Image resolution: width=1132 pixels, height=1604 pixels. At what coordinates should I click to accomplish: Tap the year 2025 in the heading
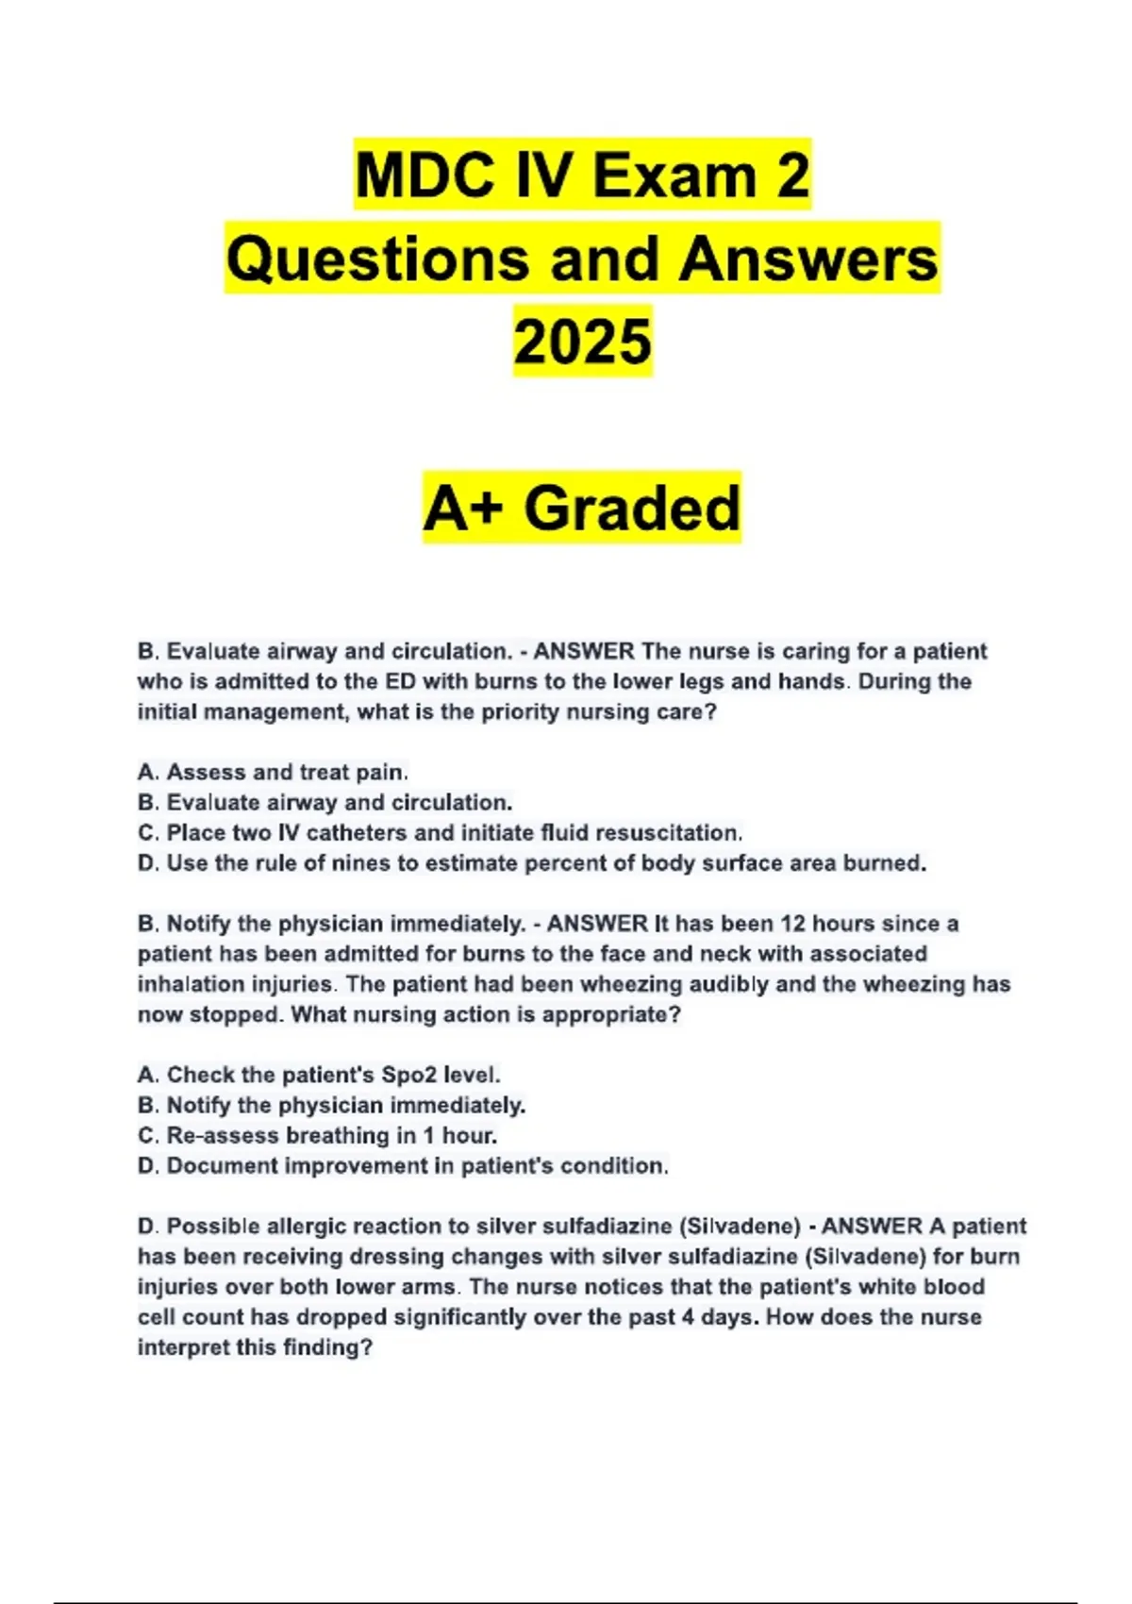(x=582, y=342)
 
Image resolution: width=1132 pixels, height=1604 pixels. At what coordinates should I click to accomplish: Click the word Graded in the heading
(x=632, y=509)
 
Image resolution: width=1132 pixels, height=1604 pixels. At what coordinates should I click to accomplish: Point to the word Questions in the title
(x=377, y=259)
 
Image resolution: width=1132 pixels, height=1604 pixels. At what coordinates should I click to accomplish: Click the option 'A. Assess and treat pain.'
(x=273, y=772)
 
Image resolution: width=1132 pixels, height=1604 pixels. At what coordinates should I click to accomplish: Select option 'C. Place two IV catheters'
(x=440, y=832)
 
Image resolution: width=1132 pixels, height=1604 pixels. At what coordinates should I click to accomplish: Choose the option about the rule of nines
(x=532, y=863)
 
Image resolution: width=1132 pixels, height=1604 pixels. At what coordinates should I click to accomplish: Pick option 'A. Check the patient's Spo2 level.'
(x=319, y=1075)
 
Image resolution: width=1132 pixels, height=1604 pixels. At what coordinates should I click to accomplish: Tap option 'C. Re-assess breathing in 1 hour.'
(x=317, y=1135)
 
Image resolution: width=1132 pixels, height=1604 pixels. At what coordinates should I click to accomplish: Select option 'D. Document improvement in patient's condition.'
(x=403, y=1166)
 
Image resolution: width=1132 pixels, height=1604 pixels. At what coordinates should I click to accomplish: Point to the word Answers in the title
(x=808, y=259)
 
